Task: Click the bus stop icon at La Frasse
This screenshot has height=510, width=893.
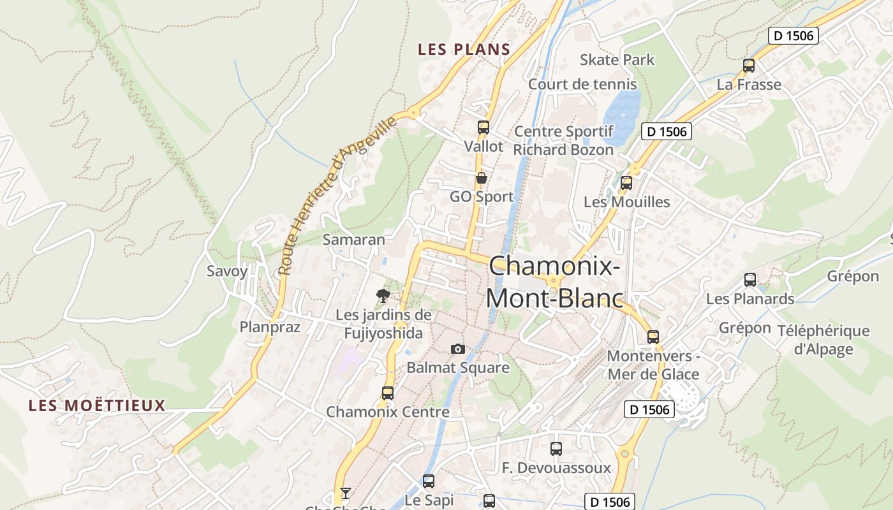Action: click(749, 65)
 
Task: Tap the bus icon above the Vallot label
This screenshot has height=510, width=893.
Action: click(483, 127)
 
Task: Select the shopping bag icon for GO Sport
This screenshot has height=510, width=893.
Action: click(482, 178)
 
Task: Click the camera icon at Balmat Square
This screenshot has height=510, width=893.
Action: click(457, 349)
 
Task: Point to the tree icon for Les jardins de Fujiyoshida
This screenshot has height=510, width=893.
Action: click(383, 295)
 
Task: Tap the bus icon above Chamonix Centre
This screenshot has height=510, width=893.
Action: click(388, 393)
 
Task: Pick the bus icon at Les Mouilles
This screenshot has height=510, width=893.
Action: click(626, 183)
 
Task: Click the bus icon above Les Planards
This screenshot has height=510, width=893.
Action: click(750, 279)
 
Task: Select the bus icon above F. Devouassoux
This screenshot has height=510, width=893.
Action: click(556, 448)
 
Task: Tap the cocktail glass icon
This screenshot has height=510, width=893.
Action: click(345, 493)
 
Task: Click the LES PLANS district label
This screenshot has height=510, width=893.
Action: click(464, 49)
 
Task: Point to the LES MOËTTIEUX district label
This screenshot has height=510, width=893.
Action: click(97, 405)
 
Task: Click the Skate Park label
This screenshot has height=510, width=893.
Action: click(617, 60)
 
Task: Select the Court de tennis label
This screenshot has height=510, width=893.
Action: click(582, 84)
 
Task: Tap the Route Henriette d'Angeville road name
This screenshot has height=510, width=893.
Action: click(338, 195)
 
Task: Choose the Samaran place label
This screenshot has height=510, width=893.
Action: click(354, 240)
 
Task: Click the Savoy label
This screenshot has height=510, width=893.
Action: click(227, 271)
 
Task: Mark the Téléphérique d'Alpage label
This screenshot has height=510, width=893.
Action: click(823, 340)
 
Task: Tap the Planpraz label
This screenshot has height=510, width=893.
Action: click(270, 327)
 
